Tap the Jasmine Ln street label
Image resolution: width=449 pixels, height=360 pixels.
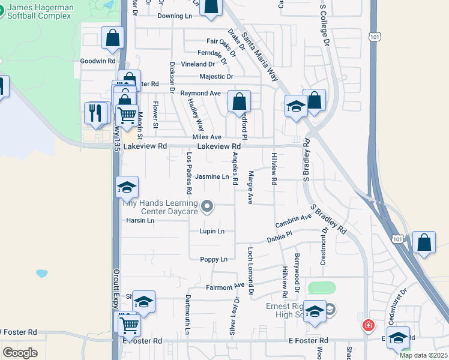212,177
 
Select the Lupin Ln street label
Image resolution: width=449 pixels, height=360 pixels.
212,232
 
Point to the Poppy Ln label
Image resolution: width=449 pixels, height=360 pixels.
214,260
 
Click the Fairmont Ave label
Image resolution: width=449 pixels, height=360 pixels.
225,286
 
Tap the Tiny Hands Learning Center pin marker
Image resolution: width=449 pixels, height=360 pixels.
208,207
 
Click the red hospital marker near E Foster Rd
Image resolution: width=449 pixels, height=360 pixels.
368,326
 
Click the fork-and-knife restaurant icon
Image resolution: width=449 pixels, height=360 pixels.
95,112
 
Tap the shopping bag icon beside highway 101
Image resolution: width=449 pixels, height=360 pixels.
424,243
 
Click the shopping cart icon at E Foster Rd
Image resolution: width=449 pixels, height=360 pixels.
129,326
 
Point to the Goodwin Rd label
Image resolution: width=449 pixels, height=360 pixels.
97,61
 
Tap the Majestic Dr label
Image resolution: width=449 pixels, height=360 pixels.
216,77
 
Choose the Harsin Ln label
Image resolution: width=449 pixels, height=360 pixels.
140,221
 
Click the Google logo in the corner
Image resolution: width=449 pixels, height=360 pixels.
20,353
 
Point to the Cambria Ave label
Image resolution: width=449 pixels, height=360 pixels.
294,220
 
